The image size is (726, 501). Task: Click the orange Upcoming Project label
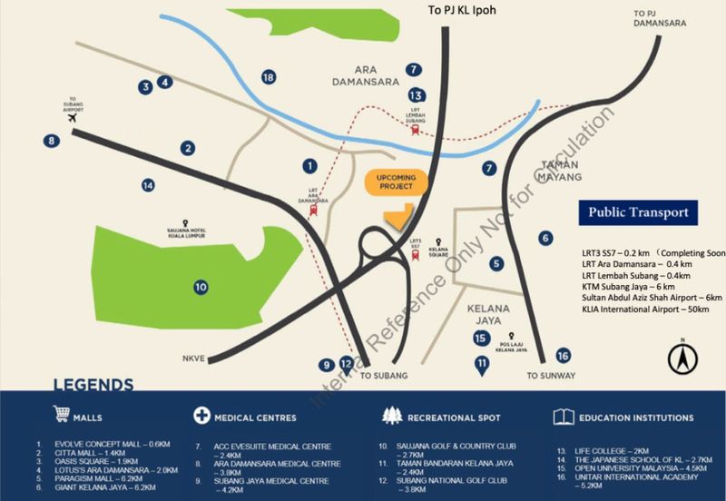(396, 181)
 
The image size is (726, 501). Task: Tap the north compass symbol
(679, 356)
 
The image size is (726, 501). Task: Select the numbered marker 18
(268, 77)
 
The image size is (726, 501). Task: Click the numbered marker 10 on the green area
(201, 287)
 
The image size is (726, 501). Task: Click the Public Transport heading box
(639, 213)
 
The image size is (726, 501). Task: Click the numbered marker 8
(52, 140)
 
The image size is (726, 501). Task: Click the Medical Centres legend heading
(253, 417)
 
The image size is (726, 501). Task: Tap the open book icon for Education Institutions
(563, 417)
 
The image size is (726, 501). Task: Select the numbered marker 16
(563, 356)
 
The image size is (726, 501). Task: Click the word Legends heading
(93, 384)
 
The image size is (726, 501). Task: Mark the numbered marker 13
(417, 94)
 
